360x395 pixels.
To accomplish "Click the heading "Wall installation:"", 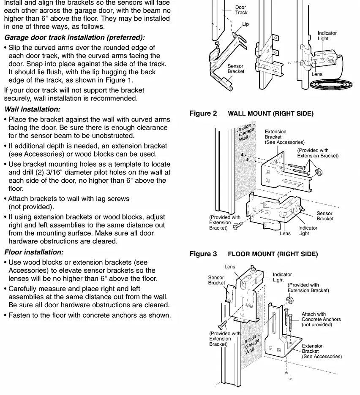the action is click(x=33, y=109).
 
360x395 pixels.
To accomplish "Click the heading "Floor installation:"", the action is click(x=34, y=252).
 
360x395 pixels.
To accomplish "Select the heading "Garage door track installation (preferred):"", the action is click(x=75, y=38).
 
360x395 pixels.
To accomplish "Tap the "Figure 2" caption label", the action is click(x=203, y=114).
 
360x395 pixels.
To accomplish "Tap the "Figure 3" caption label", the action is click(x=203, y=254).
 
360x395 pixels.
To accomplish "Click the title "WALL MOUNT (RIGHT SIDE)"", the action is click(x=271, y=114).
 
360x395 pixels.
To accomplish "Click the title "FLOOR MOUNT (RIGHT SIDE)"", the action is click(x=273, y=254).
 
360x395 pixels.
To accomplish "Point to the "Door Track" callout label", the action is click(x=241, y=10).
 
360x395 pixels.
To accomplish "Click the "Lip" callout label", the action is click(x=245, y=24).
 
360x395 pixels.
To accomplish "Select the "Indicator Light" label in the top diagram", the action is click(x=327, y=36).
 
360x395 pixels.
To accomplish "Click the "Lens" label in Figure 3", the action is click(x=230, y=267).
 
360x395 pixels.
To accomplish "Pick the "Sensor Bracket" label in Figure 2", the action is click(x=325, y=216).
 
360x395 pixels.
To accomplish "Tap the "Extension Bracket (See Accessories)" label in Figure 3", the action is click(x=322, y=351).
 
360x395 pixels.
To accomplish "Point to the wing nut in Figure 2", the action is click(x=319, y=172).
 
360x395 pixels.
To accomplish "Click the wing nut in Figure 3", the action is click(x=290, y=300).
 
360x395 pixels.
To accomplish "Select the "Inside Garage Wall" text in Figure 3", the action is click(x=251, y=344).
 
